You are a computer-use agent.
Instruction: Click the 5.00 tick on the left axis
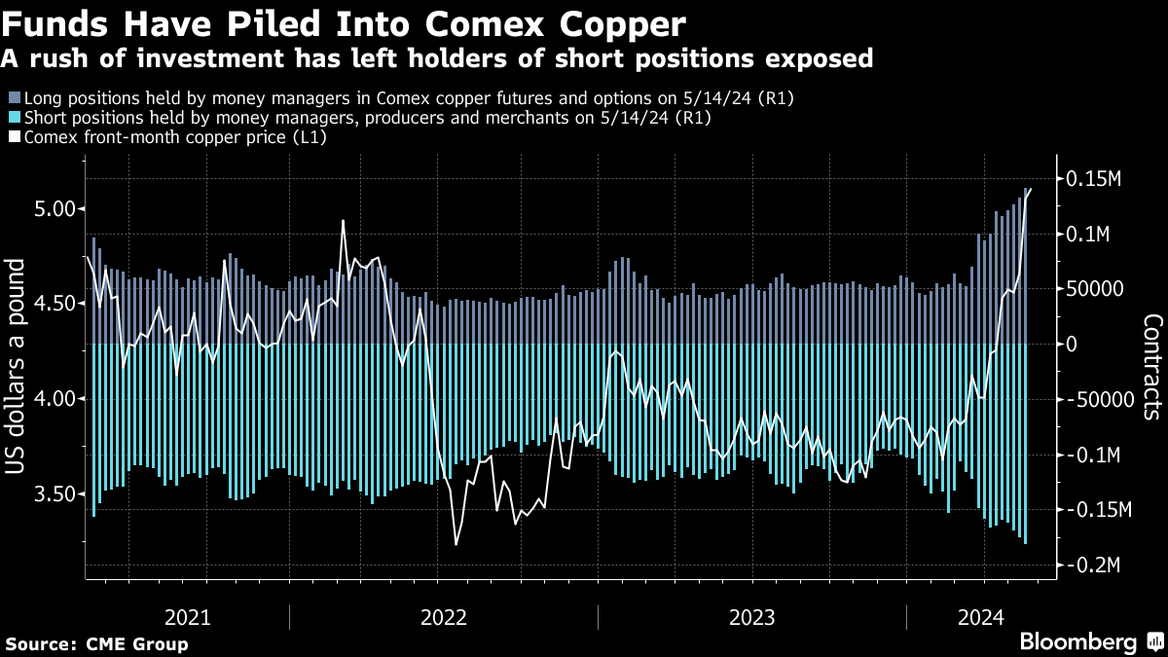[x=48, y=208]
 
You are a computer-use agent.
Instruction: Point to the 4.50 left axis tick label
[x=48, y=304]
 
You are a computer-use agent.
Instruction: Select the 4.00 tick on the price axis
[x=48, y=399]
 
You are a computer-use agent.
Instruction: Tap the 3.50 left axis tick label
[x=48, y=494]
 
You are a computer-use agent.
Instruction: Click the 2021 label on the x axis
[x=187, y=616]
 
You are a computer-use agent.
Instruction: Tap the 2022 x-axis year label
[x=443, y=616]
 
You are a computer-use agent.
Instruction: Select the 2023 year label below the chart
[x=751, y=616]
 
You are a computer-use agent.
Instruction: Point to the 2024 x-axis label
[x=981, y=616]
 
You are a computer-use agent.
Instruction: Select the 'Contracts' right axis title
[x=1151, y=367]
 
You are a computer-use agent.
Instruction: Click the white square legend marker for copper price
[x=14, y=138]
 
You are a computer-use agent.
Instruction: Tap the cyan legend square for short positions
[x=14, y=119]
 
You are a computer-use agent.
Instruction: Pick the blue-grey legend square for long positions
[x=14, y=98]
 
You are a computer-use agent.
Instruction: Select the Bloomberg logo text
[x=1077, y=642]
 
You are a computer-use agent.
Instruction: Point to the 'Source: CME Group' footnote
[x=96, y=643]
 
